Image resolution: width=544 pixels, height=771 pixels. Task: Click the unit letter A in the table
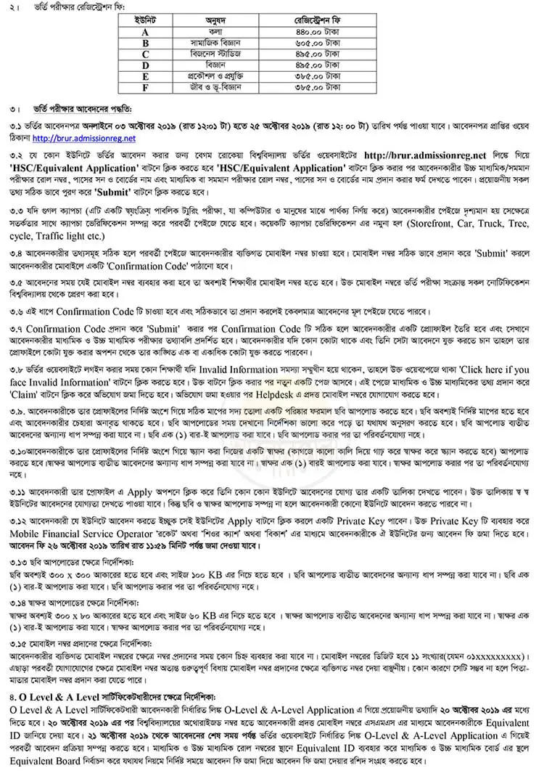(x=145, y=32)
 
